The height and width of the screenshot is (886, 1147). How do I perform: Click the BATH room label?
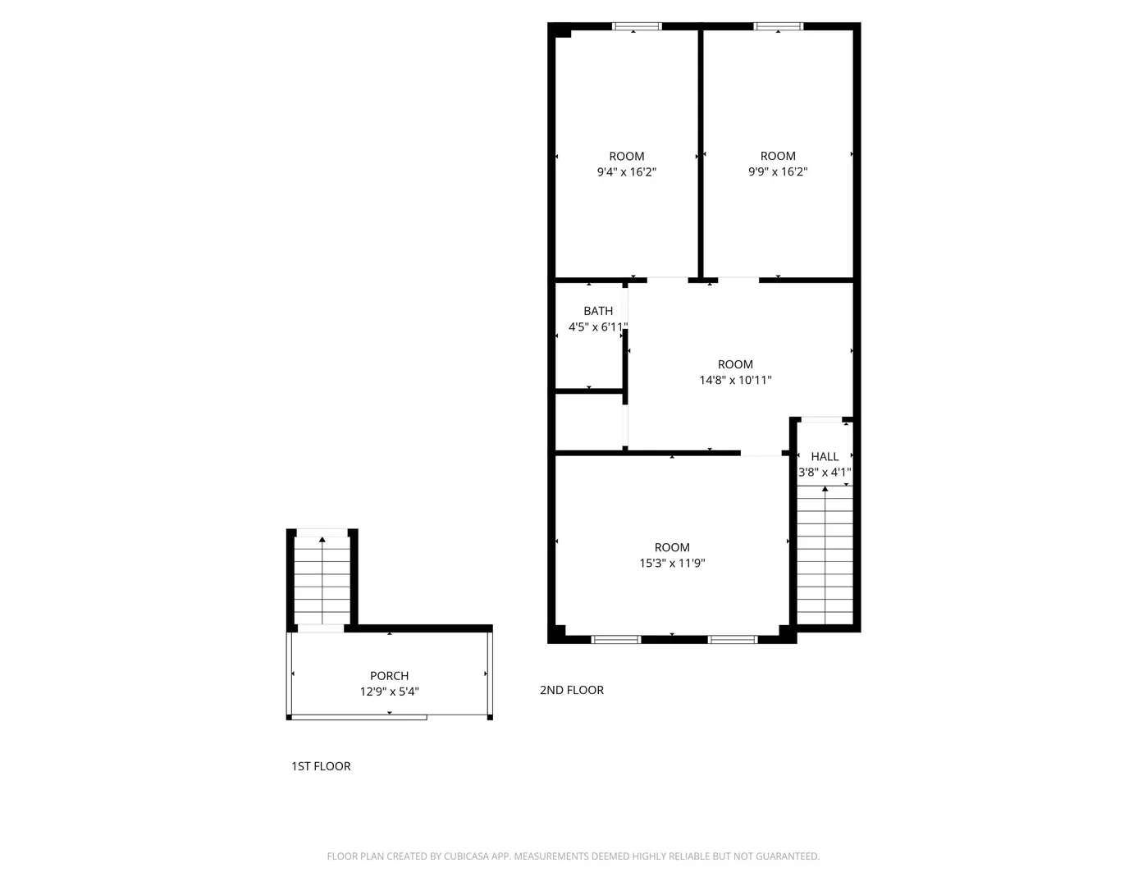coord(598,312)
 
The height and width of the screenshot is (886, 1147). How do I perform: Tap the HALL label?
coord(825,456)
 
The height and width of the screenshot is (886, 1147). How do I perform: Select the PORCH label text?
coord(389,676)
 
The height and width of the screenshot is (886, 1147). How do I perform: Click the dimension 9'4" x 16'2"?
coord(627,172)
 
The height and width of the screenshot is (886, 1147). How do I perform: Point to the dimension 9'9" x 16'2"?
coord(778,171)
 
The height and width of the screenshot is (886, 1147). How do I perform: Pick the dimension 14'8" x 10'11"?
coord(735,380)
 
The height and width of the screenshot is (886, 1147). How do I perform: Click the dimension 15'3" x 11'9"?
coord(672,563)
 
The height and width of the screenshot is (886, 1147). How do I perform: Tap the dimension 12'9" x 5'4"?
coord(389,692)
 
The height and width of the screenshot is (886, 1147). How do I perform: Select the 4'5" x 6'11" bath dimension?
coord(598,327)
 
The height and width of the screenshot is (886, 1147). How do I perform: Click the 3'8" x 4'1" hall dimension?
coord(825,473)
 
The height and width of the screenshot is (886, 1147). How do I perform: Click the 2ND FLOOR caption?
coord(572,690)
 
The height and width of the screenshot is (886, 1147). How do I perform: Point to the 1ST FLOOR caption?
coord(321,766)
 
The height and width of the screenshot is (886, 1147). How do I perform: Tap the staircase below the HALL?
coord(825,555)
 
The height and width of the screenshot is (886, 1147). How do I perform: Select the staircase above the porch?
coord(322,581)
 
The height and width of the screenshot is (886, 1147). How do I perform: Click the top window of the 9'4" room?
coord(637,26)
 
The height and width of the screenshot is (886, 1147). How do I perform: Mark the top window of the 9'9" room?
coord(778,26)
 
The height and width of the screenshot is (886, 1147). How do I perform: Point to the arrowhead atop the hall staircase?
coord(825,489)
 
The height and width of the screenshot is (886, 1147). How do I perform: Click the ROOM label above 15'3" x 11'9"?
coord(672,547)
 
